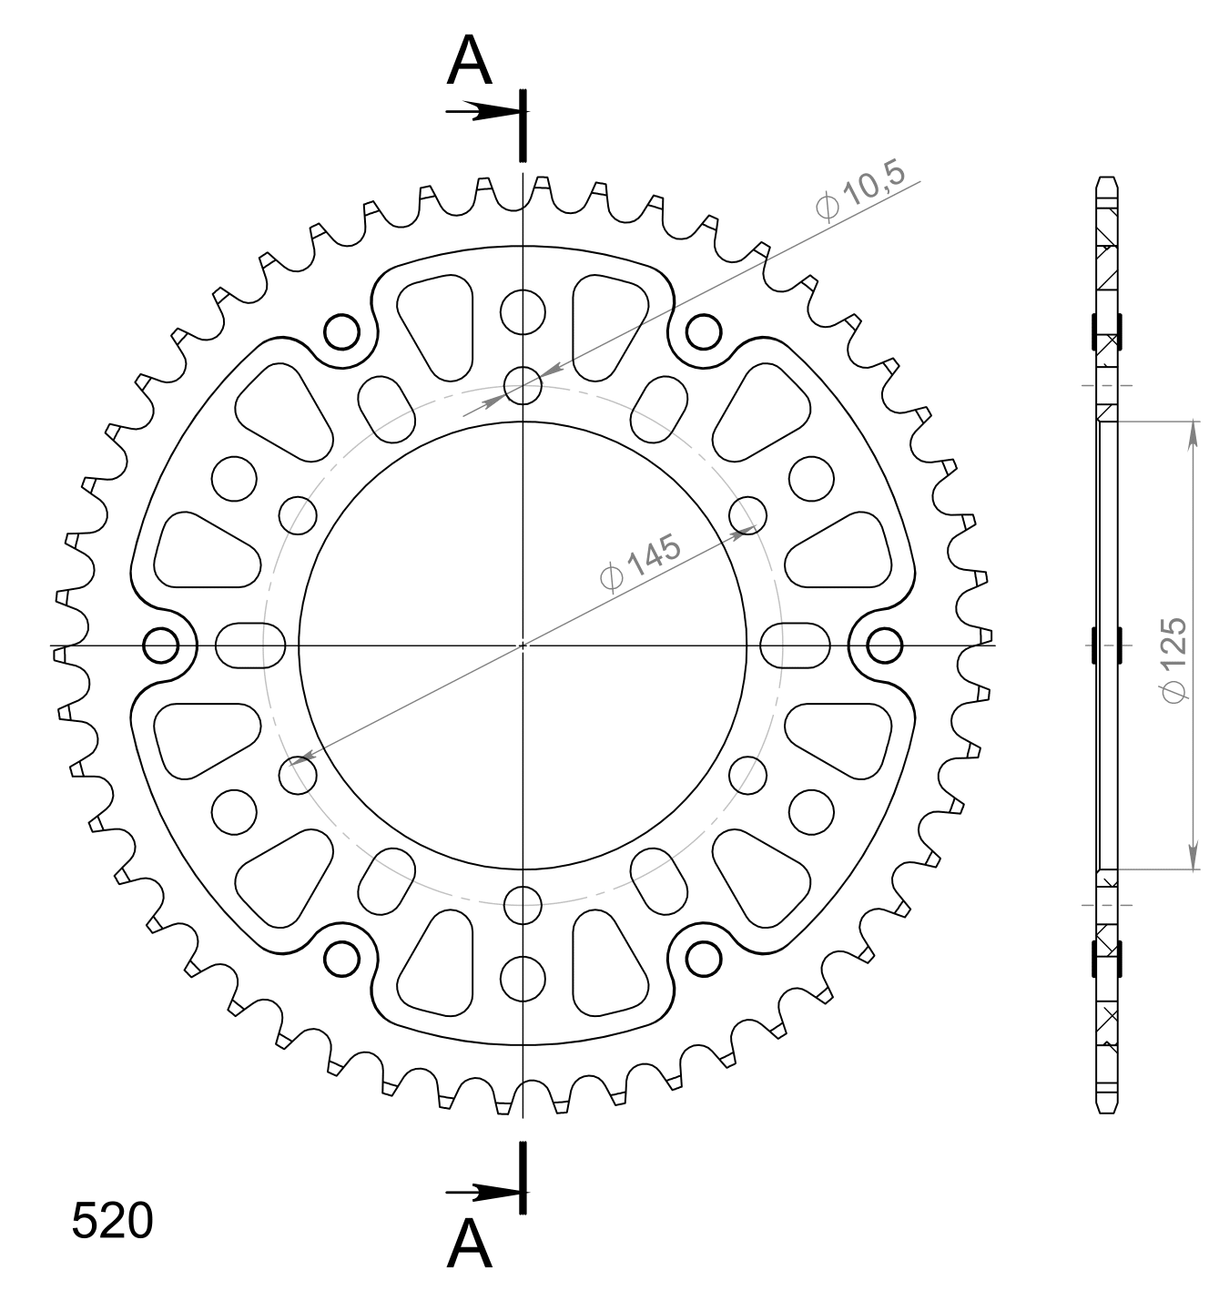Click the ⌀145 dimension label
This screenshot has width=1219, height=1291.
point(640,563)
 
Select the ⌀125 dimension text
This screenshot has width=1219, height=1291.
point(1174,660)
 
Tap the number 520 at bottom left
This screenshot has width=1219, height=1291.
point(112,1221)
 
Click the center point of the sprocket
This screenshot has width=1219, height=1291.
point(523,645)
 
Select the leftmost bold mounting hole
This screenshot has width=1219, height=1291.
point(160,645)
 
